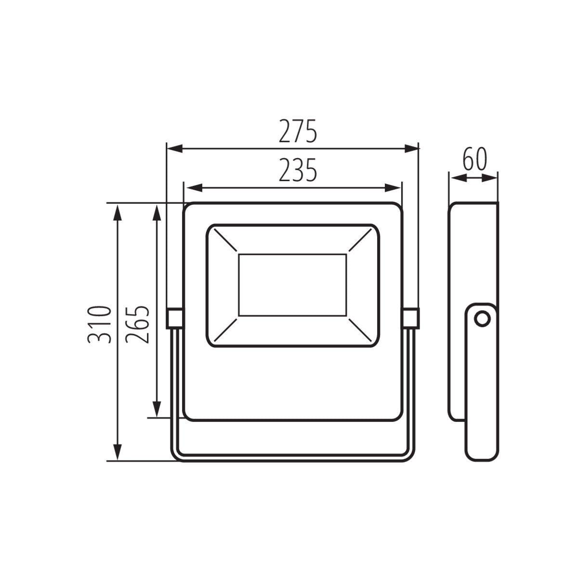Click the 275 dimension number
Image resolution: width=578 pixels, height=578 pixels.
point(298,131)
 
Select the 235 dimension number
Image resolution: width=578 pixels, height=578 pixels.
point(298,170)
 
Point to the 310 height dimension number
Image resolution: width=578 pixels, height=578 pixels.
point(99,325)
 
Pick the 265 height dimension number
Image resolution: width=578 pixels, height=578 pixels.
point(137,325)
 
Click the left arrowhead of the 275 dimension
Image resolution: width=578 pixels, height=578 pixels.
point(175,148)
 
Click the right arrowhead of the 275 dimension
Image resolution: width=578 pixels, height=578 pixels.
point(411,148)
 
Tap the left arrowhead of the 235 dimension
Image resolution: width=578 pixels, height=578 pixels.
point(194,188)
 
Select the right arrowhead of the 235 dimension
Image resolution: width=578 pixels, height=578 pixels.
point(393,188)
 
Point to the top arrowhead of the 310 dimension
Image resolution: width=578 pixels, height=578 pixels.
point(118,213)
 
